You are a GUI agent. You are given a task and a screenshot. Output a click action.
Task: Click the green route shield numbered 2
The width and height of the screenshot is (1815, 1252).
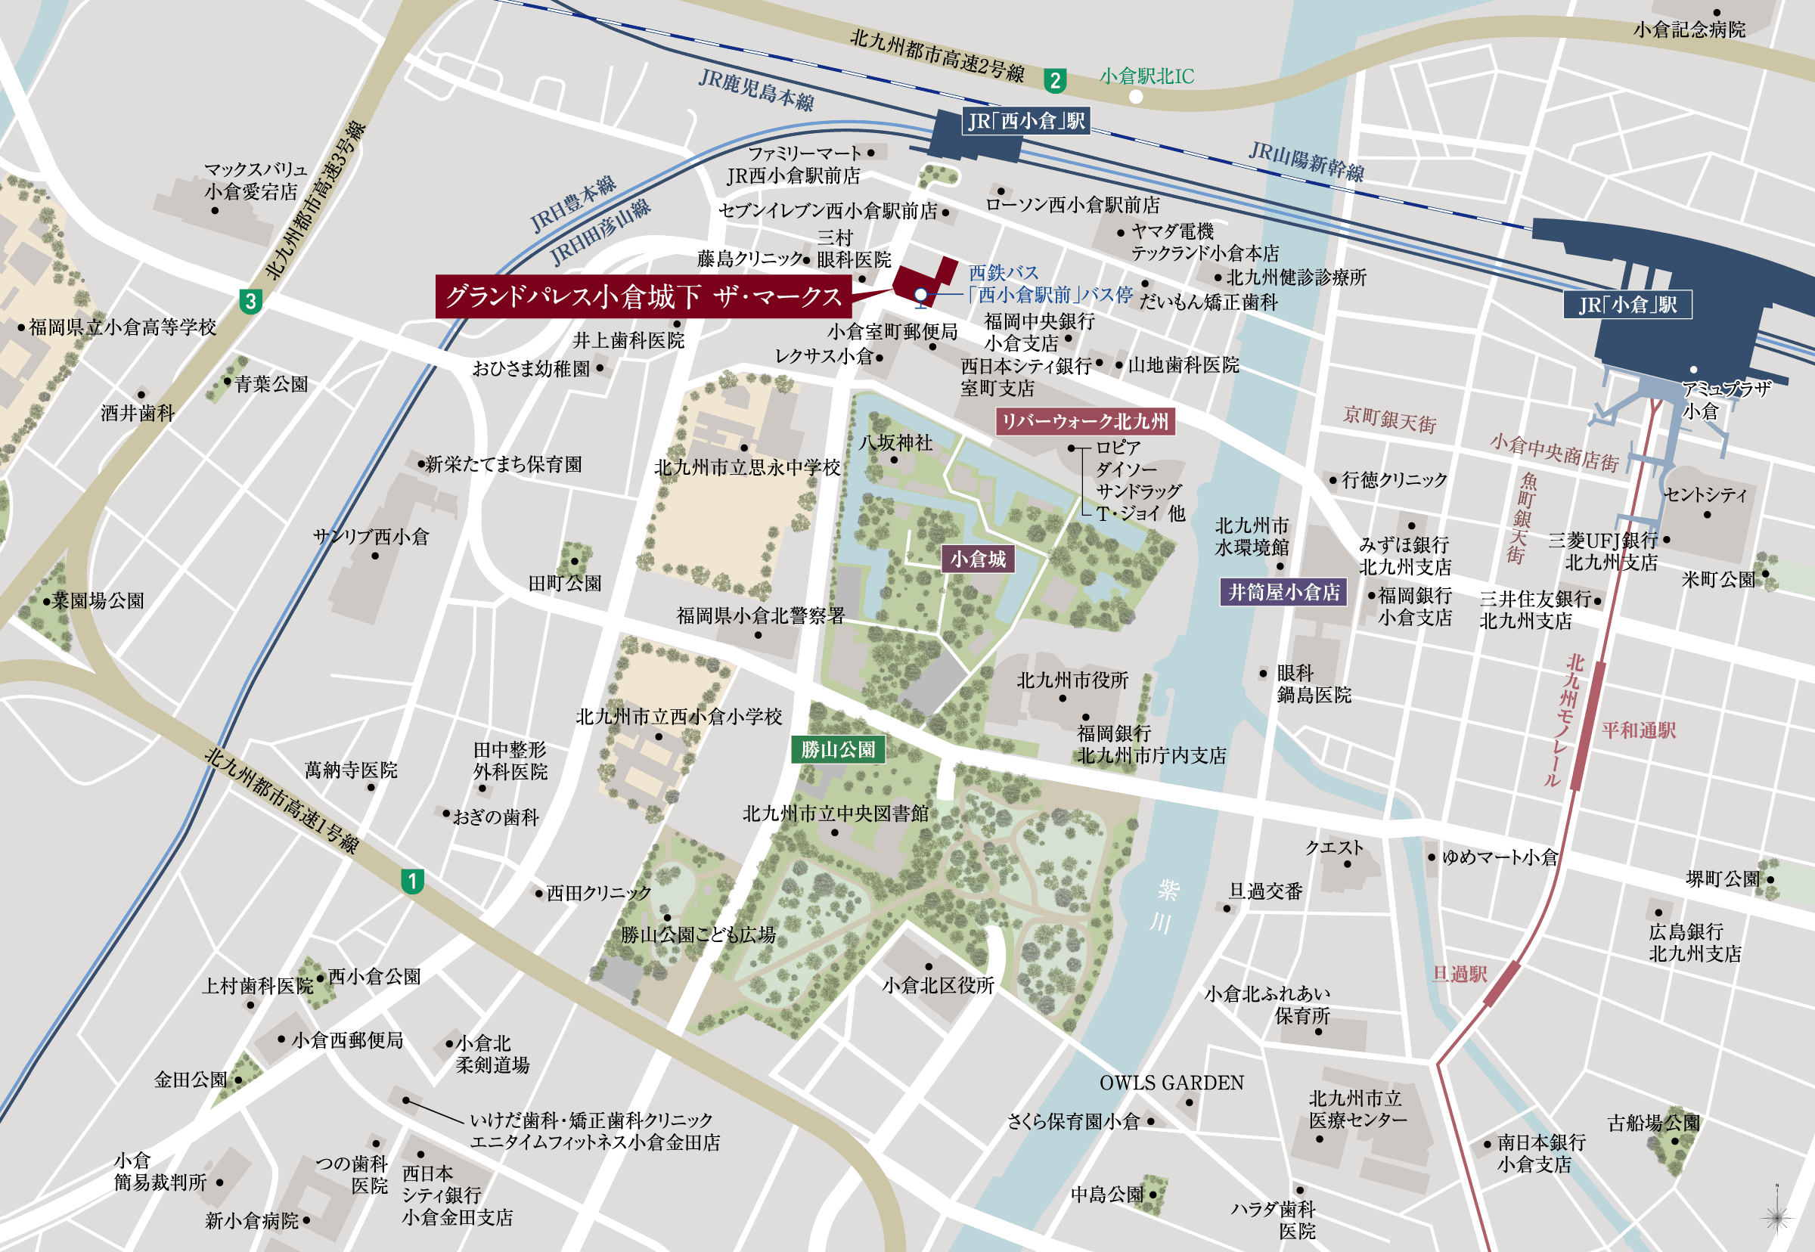point(1055,80)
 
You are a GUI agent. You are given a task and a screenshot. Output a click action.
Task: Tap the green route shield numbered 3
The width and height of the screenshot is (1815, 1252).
point(250,301)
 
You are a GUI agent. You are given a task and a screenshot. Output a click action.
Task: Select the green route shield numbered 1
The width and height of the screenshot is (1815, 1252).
point(413,881)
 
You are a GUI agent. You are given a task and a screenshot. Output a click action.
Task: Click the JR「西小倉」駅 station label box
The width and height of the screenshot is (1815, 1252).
point(1025,121)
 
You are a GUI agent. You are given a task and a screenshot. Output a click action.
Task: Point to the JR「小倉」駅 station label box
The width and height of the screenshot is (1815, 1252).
point(1627,305)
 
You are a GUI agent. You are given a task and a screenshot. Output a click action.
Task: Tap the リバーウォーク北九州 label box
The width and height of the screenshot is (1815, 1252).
point(1085,421)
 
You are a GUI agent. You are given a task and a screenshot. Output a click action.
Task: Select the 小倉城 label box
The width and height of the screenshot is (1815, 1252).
point(978,559)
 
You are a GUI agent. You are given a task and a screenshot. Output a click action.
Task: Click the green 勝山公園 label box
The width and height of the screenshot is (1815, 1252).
point(838,749)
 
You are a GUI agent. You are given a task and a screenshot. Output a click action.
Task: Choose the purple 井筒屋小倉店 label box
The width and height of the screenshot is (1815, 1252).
point(1284,592)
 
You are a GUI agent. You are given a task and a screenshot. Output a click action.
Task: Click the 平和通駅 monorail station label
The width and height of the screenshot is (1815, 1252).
point(1639,730)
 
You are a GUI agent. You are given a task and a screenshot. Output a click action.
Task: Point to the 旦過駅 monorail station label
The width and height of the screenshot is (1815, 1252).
point(1460,975)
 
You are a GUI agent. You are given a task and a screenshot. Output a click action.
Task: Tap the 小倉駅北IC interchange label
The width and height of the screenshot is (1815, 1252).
point(1146,76)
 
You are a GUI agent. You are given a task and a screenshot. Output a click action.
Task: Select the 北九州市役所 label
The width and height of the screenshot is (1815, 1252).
point(1072,680)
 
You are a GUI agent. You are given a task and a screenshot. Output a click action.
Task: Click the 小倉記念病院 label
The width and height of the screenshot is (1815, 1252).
point(1689,29)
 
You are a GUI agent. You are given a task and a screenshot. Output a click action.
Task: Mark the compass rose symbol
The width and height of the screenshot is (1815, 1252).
point(1776,1217)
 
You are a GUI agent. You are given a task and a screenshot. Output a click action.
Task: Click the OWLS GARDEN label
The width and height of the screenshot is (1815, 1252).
point(1171,1083)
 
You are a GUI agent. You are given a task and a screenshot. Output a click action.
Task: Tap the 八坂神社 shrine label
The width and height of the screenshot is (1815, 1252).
point(895,442)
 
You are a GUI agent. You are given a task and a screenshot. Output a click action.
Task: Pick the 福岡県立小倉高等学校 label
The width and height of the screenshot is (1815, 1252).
point(123,327)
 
